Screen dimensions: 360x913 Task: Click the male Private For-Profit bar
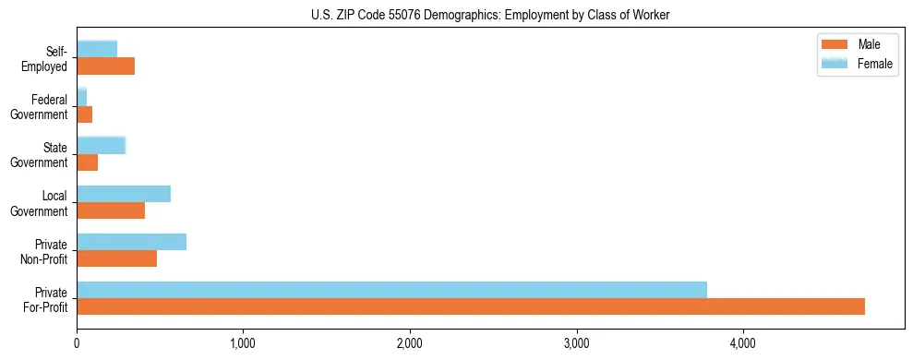coord(471,306)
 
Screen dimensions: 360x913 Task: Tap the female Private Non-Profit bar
coord(131,242)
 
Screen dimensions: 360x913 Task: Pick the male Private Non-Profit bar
coord(116,258)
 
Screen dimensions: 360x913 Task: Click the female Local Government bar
coord(124,194)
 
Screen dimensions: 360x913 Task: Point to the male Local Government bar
coord(111,210)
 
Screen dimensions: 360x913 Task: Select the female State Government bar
coord(101,145)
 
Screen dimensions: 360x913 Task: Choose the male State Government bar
coord(87,162)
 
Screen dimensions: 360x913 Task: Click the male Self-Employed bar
coord(105,66)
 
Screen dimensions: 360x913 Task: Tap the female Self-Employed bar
coord(97,49)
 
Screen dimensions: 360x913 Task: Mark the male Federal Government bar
coord(84,114)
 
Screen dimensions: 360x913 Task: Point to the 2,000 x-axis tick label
coord(409,343)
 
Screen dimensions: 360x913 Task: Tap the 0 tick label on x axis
coord(77,343)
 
